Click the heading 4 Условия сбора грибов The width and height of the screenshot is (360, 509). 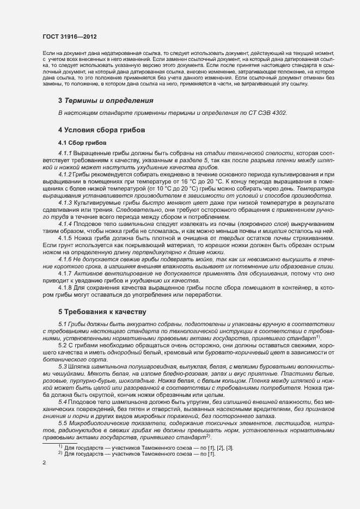coord(101,131)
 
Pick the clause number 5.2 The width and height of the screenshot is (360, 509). coord(62,345)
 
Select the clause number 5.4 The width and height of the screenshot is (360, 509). coord(62,401)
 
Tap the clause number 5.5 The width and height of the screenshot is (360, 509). coord(62,424)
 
